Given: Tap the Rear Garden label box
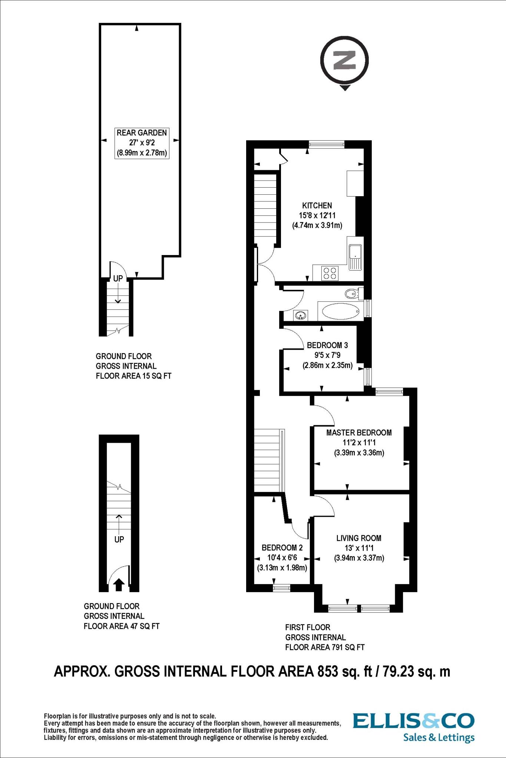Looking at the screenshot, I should coord(142,142).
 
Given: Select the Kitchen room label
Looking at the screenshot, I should coord(317,205).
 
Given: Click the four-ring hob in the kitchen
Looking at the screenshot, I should coord(330,273).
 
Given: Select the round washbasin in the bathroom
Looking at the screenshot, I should coord(300,315).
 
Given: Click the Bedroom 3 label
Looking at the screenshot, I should coord(327,345).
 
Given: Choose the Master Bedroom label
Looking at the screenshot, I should coord(359,432).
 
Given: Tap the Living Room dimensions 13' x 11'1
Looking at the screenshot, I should coord(359,548).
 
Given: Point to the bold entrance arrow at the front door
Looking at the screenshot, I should coord(119,585).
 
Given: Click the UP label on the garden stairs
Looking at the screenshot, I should coord(118,279).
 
